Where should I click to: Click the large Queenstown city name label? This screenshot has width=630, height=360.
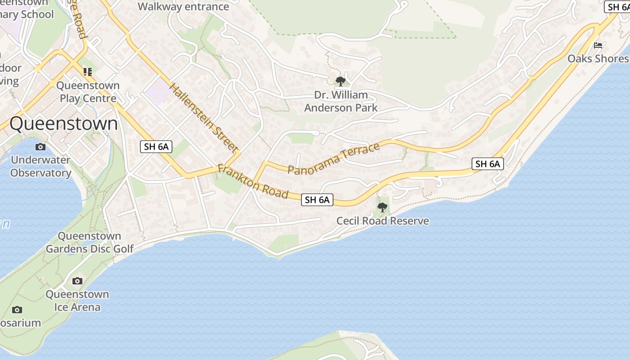[63, 123]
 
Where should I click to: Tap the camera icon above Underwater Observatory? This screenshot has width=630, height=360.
[40, 147]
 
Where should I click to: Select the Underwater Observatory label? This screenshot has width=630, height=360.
[40, 166]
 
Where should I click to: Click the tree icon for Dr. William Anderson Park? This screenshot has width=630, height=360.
[341, 81]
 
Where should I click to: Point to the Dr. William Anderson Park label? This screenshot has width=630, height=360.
[341, 101]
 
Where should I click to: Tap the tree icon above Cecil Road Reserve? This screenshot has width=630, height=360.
[382, 207]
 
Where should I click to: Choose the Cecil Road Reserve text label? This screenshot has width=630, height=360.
[382, 221]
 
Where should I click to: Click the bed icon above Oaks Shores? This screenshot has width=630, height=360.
[598, 45]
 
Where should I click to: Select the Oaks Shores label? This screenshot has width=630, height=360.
[598, 58]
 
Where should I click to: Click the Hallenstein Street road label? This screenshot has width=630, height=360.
[204, 117]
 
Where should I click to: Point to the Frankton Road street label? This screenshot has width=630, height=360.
[252, 182]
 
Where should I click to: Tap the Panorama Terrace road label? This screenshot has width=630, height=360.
[333, 158]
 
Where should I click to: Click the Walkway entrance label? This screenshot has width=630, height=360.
[183, 7]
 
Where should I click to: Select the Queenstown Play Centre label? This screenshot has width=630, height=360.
[88, 92]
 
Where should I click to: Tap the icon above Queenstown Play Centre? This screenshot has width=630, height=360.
[88, 72]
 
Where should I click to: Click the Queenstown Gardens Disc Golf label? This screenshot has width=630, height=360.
[90, 242]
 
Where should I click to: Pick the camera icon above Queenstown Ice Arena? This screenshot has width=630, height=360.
[77, 281]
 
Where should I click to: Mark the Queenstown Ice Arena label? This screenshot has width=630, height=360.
[77, 301]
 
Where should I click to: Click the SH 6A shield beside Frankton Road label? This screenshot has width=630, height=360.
[317, 200]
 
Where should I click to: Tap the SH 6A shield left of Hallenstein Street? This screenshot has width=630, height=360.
[156, 146]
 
